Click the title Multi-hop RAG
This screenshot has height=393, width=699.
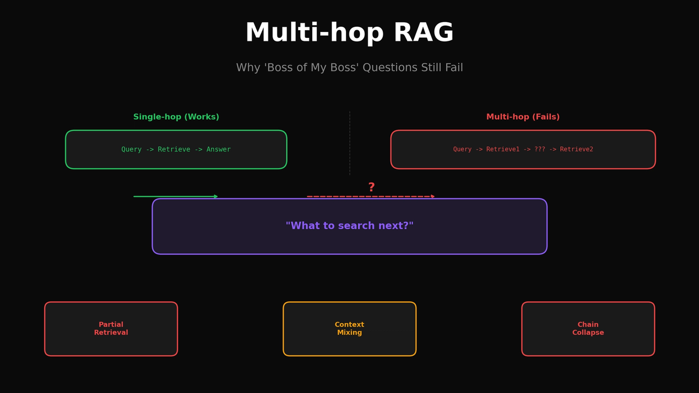click(x=349, y=33)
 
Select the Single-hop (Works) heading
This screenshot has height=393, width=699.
click(x=176, y=117)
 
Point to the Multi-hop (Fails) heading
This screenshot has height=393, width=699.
click(x=523, y=117)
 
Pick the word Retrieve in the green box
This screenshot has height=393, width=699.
click(x=173, y=150)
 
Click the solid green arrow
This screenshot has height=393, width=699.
click(x=175, y=196)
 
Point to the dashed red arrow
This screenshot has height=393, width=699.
click(x=370, y=196)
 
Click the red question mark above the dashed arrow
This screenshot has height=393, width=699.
click(x=371, y=187)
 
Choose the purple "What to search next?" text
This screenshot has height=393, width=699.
click(x=349, y=226)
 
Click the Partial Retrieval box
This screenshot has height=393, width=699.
click(x=111, y=329)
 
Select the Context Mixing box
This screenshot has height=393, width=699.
click(x=349, y=329)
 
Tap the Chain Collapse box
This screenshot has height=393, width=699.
click(x=588, y=329)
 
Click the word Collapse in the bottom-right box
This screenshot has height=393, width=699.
click(x=588, y=333)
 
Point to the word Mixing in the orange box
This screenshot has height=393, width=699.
click(x=349, y=333)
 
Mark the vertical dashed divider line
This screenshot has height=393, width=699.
click(x=349, y=143)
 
